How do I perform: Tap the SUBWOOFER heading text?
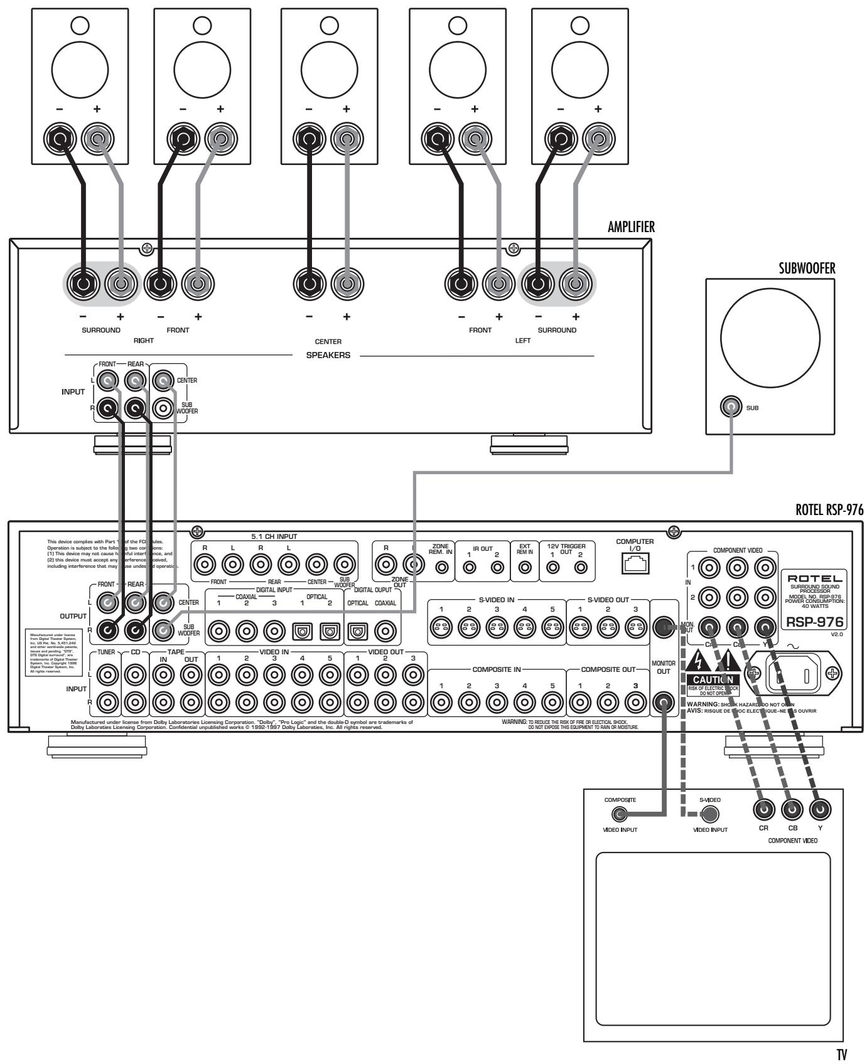pos(806,270)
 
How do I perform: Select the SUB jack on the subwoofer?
pos(731,407)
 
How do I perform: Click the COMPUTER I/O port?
pos(635,566)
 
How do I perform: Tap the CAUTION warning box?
pos(712,680)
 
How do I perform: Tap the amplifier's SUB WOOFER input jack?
pos(164,409)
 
